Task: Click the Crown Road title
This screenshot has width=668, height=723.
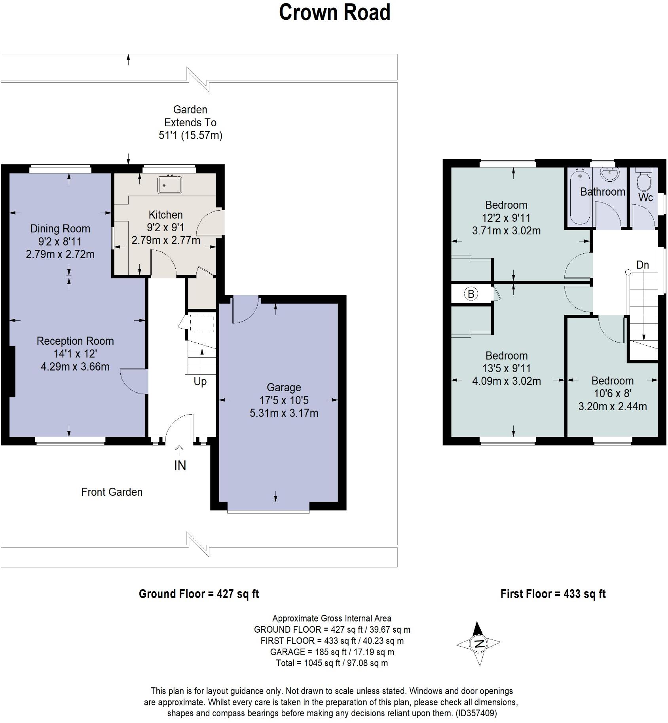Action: click(x=334, y=13)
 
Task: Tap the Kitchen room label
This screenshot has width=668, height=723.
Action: click(x=165, y=215)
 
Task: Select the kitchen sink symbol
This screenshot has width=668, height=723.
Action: click(x=170, y=185)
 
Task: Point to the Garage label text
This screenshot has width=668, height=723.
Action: click(x=284, y=388)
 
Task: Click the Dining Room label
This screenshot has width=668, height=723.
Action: click(x=60, y=229)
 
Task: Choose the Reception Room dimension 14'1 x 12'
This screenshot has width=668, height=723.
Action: click(x=75, y=354)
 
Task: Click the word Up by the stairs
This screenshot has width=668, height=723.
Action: click(x=200, y=382)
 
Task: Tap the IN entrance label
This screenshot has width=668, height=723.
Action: click(x=180, y=466)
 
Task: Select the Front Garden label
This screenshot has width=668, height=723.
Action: click(x=112, y=492)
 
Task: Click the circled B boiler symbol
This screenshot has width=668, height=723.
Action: click(x=471, y=294)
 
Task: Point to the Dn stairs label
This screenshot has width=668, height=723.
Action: click(x=642, y=265)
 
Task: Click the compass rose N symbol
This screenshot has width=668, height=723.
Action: click(x=479, y=643)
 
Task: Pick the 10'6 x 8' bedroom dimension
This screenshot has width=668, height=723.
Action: click(x=612, y=394)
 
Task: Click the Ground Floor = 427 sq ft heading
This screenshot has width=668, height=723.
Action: click(x=199, y=594)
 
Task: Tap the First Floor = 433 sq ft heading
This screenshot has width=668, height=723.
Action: click(x=553, y=594)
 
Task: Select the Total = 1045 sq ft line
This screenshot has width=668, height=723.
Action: click(x=332, y=663)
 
